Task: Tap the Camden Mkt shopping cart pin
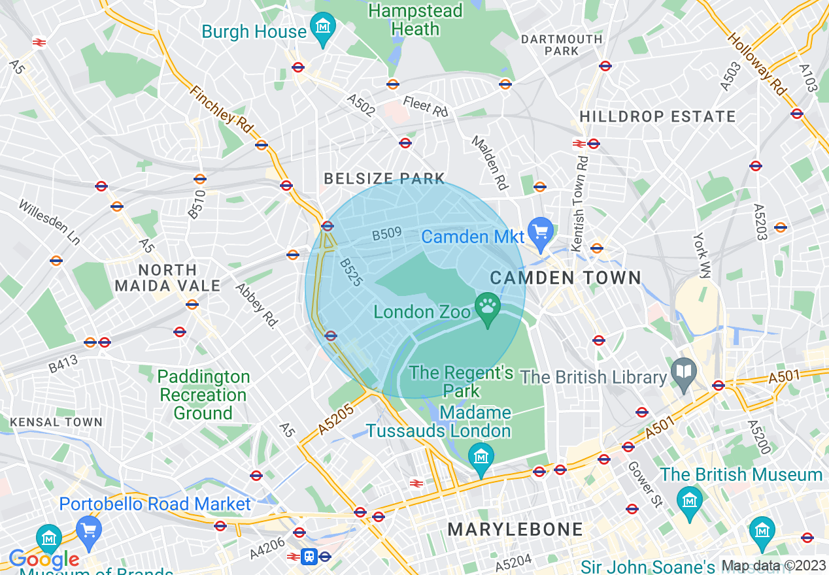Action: [540, 233]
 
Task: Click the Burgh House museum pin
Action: [322, 28]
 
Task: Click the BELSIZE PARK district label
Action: [384, 178]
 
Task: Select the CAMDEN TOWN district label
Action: [566, 278]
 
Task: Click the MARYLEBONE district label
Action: [515, 529]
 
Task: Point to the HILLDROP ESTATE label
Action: [658, 116]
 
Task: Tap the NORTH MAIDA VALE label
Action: [167, 278]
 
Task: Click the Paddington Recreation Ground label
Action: [203, 395]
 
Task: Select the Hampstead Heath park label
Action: [415, 20]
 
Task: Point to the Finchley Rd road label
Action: [222, 112]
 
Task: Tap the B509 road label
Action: [386, 233]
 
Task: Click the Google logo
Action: [44, 559]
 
